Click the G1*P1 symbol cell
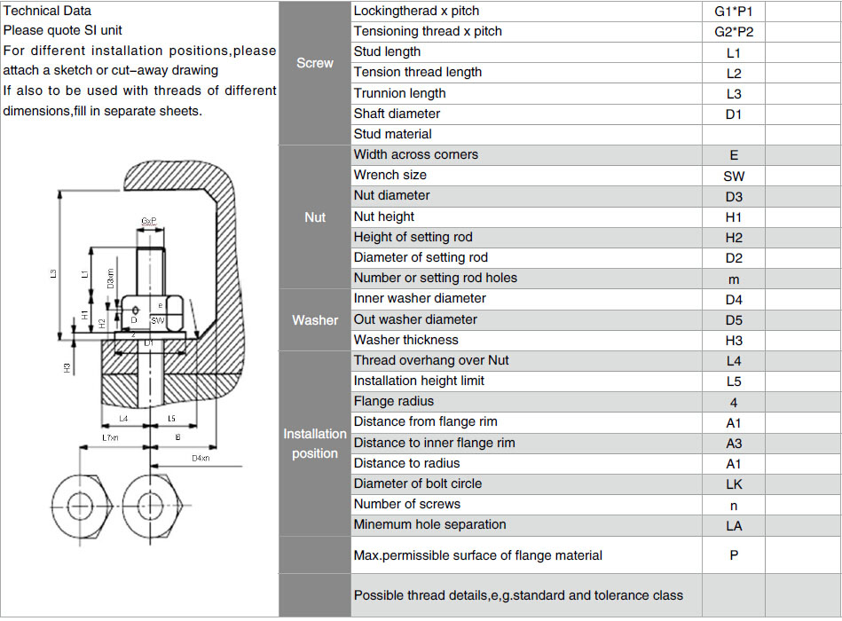733,12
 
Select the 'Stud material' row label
392,134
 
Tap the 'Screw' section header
315,63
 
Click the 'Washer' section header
315,319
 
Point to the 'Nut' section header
315,217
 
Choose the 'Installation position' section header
315,444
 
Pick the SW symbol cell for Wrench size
733,176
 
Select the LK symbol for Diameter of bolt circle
733,483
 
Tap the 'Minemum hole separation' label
429,524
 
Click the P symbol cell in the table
733,555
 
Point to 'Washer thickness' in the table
405,340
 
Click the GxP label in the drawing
149,219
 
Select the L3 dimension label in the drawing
54,275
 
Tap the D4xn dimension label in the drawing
201,458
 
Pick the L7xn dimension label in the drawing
110,438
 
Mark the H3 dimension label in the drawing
67,366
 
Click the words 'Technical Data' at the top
47,12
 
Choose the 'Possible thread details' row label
518,594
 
